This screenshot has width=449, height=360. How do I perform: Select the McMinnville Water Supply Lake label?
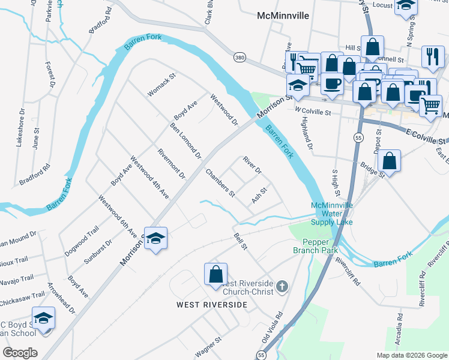click(331, 214)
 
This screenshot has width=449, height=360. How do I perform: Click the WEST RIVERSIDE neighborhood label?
click(211, 305)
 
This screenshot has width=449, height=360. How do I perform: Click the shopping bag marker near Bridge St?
click(389, 161)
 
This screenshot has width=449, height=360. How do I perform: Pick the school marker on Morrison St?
click(155, 239)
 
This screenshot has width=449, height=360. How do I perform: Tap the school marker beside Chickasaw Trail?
click(43, 319)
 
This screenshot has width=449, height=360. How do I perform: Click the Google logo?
click(20, 352)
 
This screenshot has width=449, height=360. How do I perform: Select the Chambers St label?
click(220, 183)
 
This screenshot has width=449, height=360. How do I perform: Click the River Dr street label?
click(252, 166)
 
